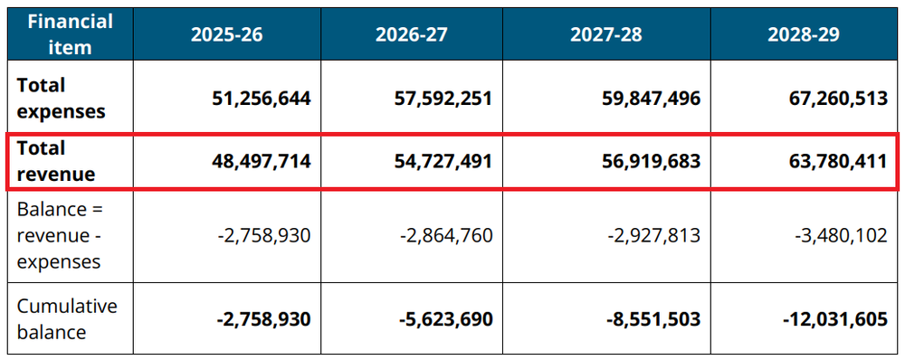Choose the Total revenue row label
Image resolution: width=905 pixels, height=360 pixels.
point(54,162)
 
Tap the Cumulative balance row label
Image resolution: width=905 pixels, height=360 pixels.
point(67,318)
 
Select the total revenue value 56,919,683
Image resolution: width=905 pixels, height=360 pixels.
point(643,162)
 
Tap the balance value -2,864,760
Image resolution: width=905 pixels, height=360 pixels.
point(446,236)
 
